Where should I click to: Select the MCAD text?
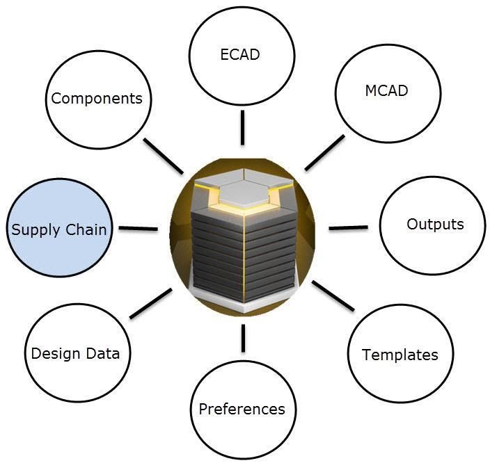(386, 91)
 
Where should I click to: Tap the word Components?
(97, 98)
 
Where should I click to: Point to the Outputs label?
(435, 224)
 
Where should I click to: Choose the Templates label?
(400, 355)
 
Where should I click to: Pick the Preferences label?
(242, 408)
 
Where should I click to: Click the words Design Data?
(75, 353)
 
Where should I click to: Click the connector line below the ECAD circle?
(242, 128)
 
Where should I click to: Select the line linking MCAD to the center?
(324, 152)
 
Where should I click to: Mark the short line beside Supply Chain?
(139, 228)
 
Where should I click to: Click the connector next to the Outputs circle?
(347, 227)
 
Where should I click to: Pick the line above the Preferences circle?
(243, 338)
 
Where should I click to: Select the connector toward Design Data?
(150, 303)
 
